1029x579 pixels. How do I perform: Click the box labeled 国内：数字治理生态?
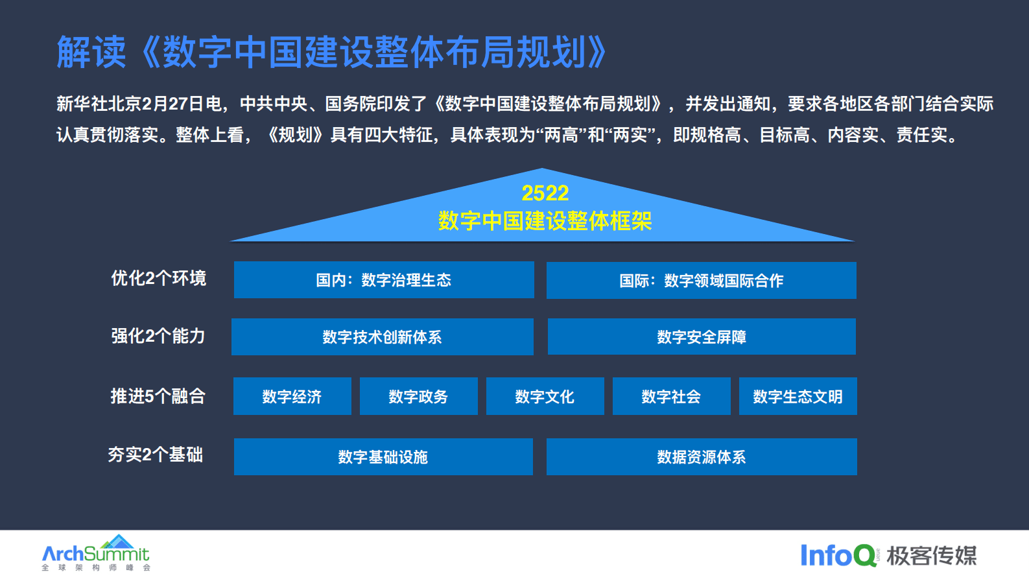(384, 280)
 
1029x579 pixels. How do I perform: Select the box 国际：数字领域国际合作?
(701, 281)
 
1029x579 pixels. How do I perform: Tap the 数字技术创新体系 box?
(382, 337)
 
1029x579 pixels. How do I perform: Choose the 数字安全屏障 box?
(701, 337)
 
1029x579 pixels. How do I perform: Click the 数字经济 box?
(292, 397)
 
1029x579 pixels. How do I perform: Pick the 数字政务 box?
(418, 397)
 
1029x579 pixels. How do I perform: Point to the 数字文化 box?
(545, 397)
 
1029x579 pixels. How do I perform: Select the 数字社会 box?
(671, 397)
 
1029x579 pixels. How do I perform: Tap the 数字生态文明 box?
(798, 397)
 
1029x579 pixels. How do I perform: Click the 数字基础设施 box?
(383, 457)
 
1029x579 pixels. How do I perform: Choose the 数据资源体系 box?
(701, 457)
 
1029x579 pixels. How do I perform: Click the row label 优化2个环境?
(158, 278)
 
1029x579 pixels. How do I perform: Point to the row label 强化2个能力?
(158, 336)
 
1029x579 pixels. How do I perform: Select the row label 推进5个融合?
(158, 396)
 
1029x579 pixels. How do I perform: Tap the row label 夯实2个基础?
(156, 455)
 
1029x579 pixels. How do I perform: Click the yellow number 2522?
(545, 193)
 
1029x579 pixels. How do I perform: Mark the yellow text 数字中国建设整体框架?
(545, 221)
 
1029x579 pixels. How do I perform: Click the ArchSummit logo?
(95, 553)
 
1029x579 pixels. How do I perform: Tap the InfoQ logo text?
(838, 556)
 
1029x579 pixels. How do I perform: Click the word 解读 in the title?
(91, 53)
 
